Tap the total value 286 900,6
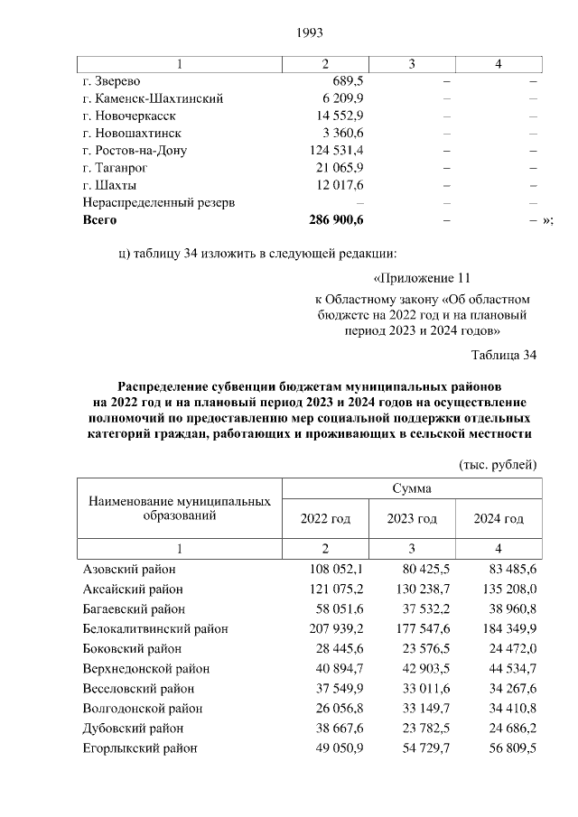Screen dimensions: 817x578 [336, 219]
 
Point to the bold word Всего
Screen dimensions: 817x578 [99, 219]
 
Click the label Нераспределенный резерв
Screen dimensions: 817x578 [159, 202]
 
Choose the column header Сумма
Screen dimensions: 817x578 [412, 488]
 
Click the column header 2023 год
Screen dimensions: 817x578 [412, 519]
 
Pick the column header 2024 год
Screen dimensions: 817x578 [499, 519]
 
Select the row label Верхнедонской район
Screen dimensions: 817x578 [146, 669]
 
